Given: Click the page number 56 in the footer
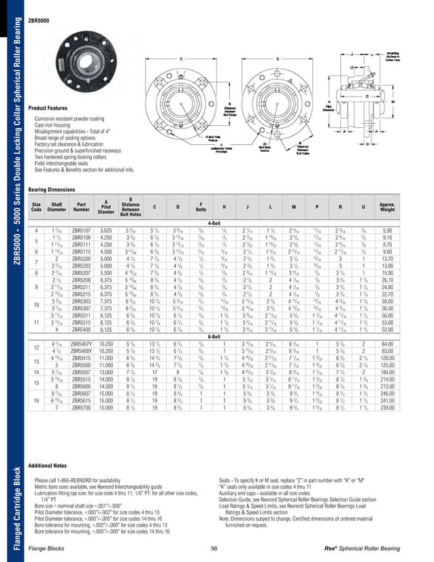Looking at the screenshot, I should click(214, 549).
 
